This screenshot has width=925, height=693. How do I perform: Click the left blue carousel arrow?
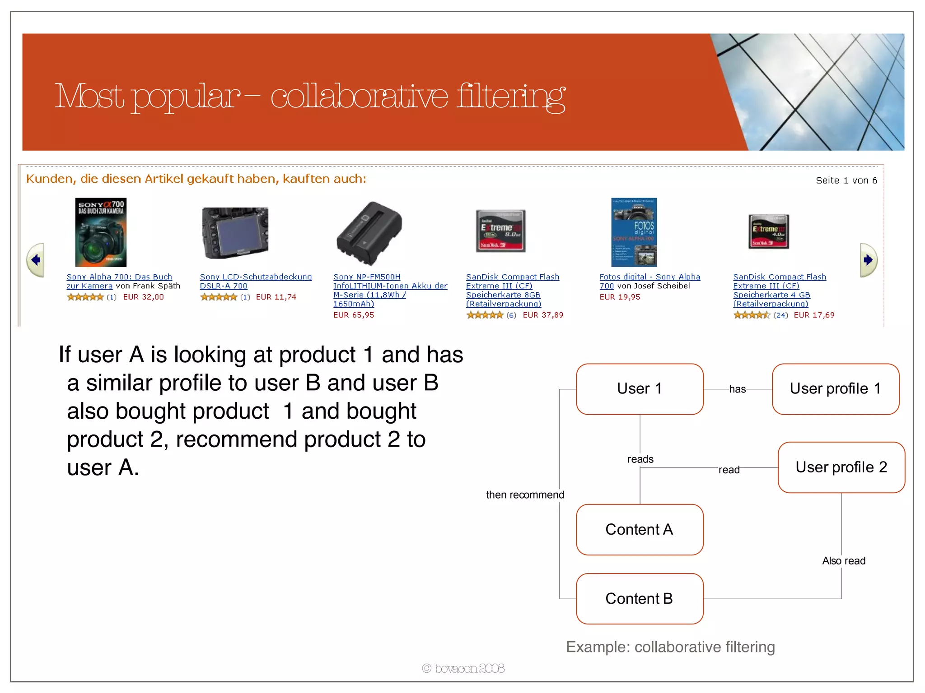tap(35, 260)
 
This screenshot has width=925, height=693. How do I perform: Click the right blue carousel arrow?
tap(868, 260)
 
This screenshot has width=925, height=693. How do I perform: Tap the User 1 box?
tap(640, 389)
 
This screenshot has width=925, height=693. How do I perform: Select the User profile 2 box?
tap(841, 467)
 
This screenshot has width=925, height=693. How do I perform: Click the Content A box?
tap(640, 530)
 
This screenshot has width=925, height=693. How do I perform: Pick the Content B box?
tap(640, 599)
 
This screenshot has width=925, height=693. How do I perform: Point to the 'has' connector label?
tap(737, 389)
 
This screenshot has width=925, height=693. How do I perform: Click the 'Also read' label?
tap(844, 561)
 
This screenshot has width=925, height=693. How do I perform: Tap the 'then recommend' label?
tap(525, 495)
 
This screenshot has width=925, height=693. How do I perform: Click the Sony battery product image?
tap(369, 233)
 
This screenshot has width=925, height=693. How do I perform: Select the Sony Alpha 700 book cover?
tap(101, 232)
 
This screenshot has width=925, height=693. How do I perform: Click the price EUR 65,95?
tap(354, 315)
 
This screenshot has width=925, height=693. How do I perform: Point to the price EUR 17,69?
tap(814, 315)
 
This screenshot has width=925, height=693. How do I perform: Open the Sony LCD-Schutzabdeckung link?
tap(256, 277)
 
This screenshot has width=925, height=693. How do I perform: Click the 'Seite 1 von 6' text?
tap(846, 180)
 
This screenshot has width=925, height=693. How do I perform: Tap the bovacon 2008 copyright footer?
tap(463, 668)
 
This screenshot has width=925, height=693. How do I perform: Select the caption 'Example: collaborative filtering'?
tap(670, 647)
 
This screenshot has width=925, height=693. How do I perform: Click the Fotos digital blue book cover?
tap(634, 232)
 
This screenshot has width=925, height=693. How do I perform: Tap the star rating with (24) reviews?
tap(752, 315)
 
